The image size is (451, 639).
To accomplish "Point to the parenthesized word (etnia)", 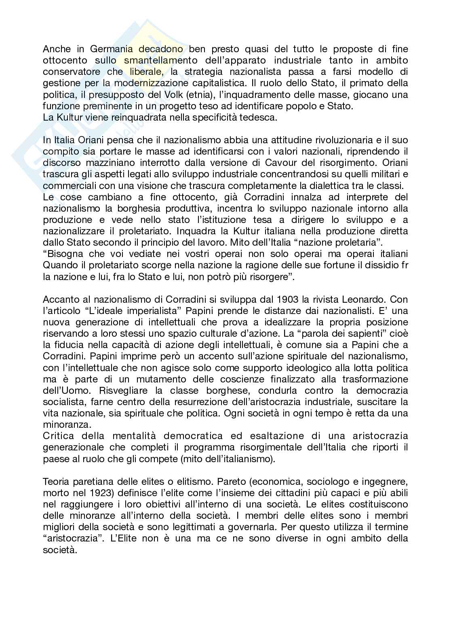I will click(198, 95).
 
